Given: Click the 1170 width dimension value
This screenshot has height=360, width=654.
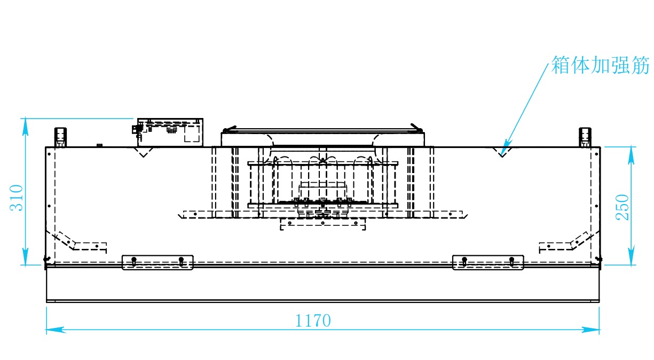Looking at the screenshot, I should (x=313, y=320).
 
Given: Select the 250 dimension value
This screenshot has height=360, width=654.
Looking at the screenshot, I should (x=623, y=207).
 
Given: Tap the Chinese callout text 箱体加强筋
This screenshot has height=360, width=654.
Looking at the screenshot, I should (x=601, y=66).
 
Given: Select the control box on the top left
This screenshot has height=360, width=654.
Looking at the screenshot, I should (x=170, y=132).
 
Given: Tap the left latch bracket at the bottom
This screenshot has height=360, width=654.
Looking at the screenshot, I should (x=157, y=262).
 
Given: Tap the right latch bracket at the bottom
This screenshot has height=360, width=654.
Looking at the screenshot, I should (x=488, y=262).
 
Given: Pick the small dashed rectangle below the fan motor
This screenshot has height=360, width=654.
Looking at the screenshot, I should (x=322, y=224).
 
